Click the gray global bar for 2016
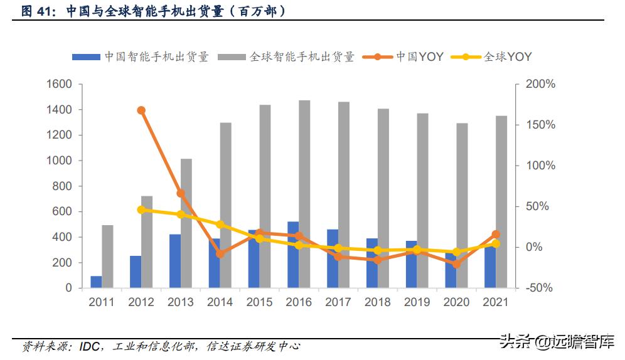(x=304, y=194)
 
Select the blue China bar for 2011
(x=96, y=282)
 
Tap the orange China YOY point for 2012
(x=141, y=110)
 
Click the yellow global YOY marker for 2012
(x=141, y=209)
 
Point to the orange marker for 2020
(x=456, y=264)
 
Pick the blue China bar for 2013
(x=175, y=261)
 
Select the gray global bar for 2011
(x=107, y=256)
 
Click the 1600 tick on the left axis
(x=59, y=84)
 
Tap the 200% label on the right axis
(x=540, y=84)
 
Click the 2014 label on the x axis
(x=220, y=302)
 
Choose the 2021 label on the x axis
(x=495, y=302)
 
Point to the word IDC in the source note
(x=89, y=346)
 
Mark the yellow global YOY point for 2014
(x=220, y=225)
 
